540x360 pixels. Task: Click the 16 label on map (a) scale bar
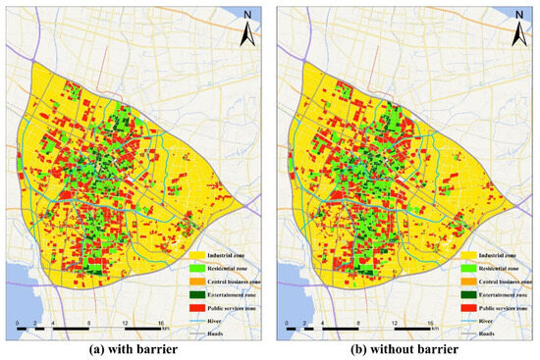click(x=161, y=321)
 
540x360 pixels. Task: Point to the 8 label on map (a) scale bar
click(x=89, y=321)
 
